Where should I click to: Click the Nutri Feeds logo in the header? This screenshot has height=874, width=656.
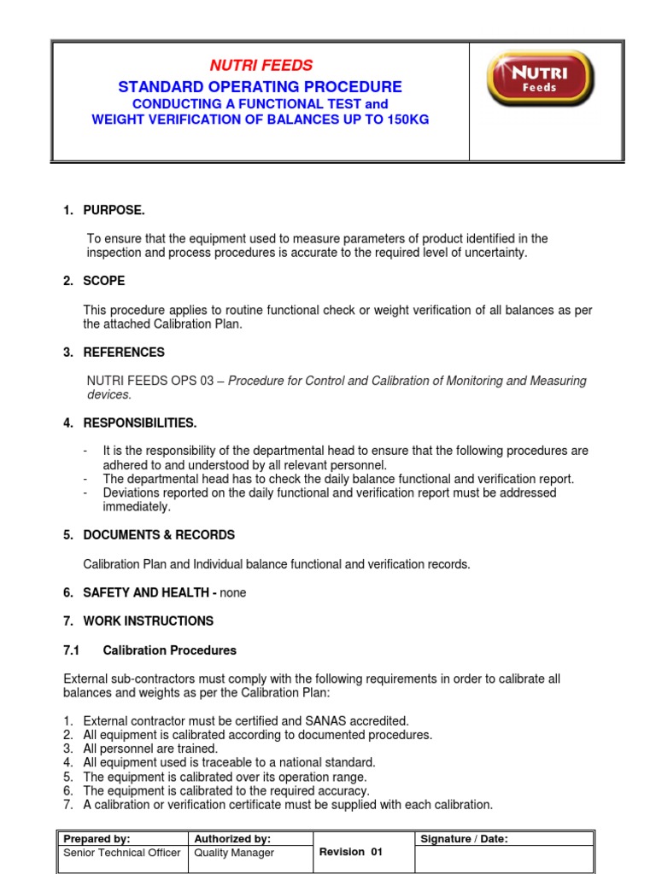[x=540, y=79]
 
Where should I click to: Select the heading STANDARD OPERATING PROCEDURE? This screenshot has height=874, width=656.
[x=260, y=87]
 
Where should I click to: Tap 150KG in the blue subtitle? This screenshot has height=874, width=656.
[x=404, y=119]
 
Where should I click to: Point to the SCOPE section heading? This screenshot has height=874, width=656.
[x=104, y=281]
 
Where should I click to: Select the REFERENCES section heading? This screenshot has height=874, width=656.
[x=124, y=353]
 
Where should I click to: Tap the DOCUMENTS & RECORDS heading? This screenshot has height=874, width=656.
[x=158, y=535]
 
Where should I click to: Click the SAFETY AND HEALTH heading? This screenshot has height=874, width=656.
[x=149, y=592]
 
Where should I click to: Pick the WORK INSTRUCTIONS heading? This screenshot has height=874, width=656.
[x=148, y=621]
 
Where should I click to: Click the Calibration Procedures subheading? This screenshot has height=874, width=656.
[x=169, y=650]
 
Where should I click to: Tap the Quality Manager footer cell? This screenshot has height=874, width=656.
[x=235, y=853]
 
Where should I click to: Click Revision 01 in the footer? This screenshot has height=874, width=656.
[x=350, y=852]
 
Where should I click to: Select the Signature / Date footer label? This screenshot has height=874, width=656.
[x=464, y=839]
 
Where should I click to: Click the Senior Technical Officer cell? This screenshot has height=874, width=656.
[x=121, y=853]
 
